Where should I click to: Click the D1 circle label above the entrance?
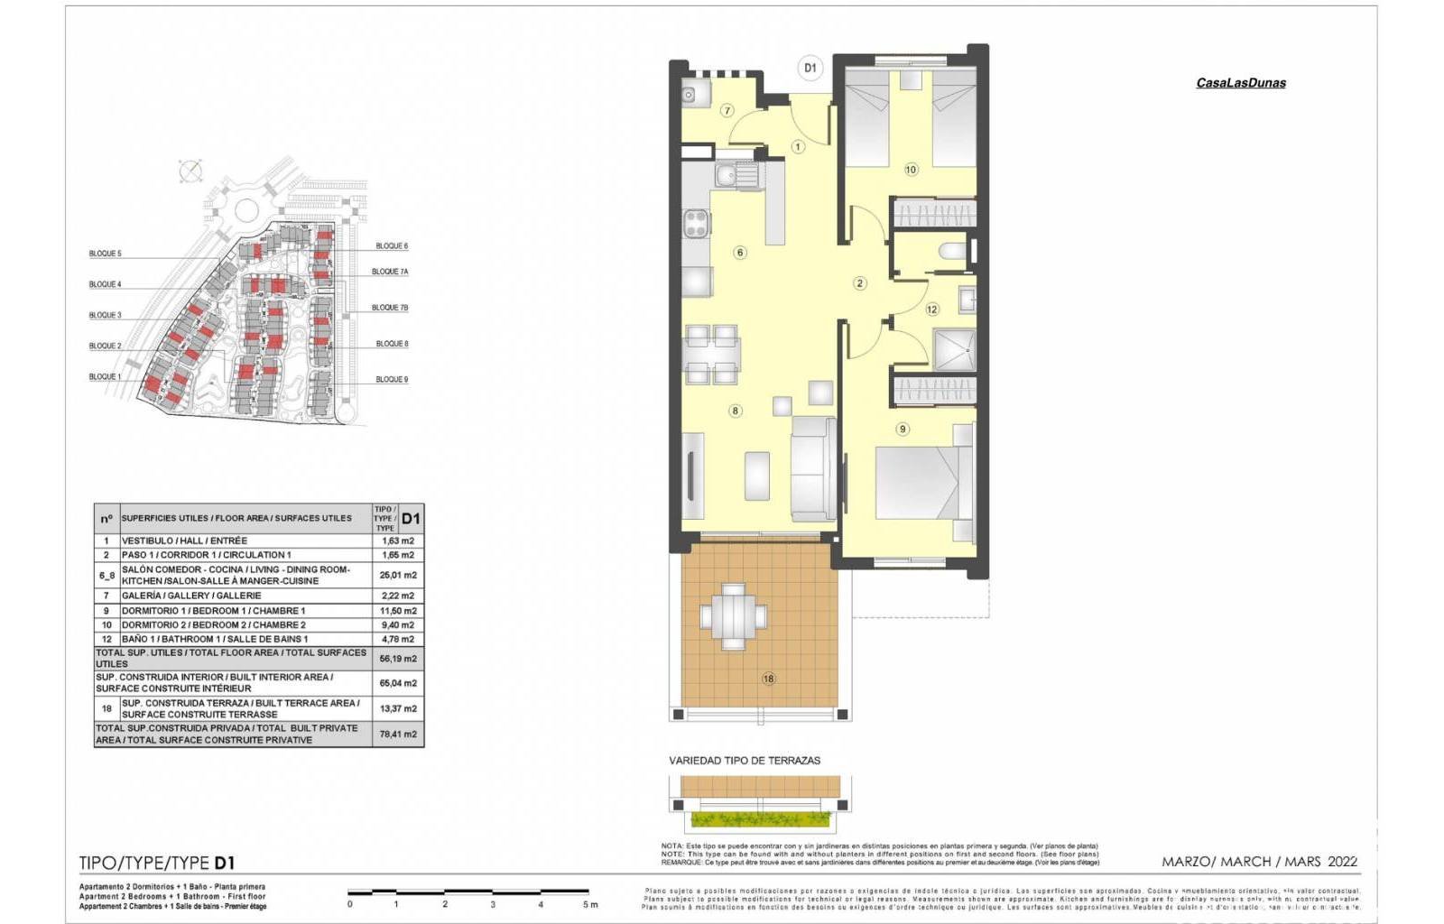coord(810,68)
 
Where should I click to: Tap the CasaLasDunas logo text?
coord(1240,83)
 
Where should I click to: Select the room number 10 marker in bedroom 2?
coord(911,170)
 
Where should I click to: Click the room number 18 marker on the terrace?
coord(768,679)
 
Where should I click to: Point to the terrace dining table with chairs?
coord(733,616)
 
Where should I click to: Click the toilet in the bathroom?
coord(951,250)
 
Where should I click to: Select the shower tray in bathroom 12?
coord(954,348)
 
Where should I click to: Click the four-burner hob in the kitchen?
coord(696,223)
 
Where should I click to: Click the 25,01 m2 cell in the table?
coord(398,575)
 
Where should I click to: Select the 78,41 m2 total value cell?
coord(398,734)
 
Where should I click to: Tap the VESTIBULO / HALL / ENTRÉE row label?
coord(184,541)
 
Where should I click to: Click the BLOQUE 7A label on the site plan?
coord(390,272)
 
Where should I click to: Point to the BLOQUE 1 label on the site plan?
coord(105,376)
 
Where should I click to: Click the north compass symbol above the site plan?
coord(190,171)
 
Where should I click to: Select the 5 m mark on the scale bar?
coord(588,903)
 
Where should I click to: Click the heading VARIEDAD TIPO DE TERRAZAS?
coord(745,761)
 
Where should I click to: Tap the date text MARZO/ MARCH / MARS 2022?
coord(1259,862)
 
